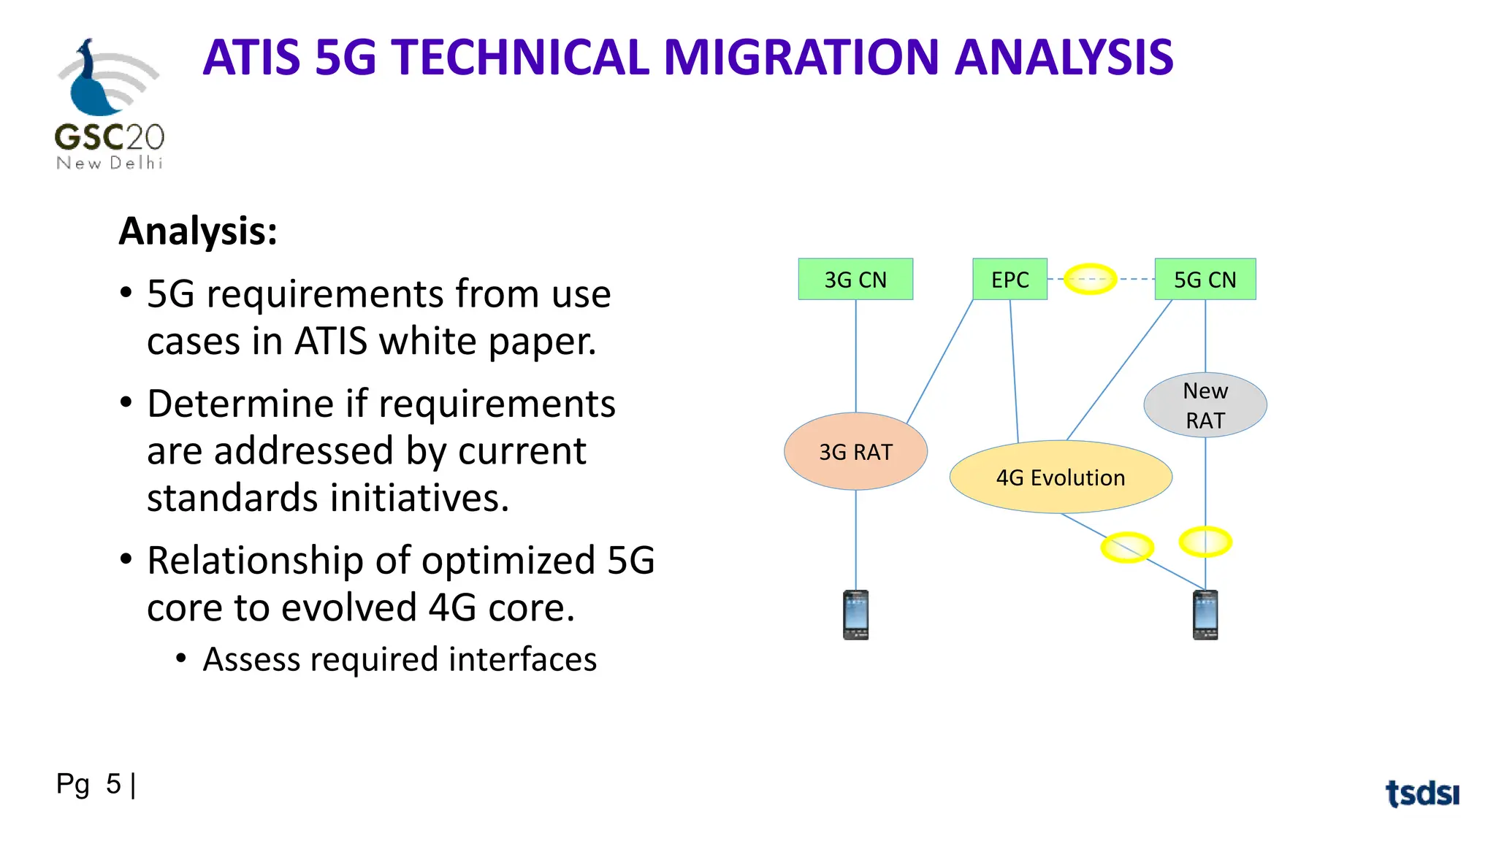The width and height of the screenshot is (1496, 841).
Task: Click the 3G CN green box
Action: (855, 279)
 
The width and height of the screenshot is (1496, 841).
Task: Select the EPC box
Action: (1010, 279)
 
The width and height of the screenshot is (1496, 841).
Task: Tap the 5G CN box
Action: (1205, 279)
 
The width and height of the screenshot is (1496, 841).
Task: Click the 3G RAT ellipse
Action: (855, 451)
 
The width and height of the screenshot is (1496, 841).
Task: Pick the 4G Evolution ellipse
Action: (1061, 477)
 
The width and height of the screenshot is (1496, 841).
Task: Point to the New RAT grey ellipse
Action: (1205, 405)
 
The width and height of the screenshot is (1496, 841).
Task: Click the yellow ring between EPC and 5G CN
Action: (1090, 279)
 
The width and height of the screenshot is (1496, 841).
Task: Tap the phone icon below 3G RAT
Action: (855, 615)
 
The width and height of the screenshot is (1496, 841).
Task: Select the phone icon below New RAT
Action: (1205, 615)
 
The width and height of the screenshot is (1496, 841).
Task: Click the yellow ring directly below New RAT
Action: (1205, 542)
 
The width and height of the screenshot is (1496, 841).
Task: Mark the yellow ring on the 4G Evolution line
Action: (1127, 547)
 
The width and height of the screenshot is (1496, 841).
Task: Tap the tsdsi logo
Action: (1421, 793)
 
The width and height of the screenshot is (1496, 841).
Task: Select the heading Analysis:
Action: (198, 231)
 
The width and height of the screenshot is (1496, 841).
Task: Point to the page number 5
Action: (113, 784)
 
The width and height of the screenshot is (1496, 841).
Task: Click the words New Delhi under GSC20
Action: (110, 163)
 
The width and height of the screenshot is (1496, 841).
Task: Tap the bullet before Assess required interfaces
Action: (182, 659)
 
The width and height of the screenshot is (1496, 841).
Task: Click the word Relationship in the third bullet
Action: (255, 561)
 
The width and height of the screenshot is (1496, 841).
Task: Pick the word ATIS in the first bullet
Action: (330, 341)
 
